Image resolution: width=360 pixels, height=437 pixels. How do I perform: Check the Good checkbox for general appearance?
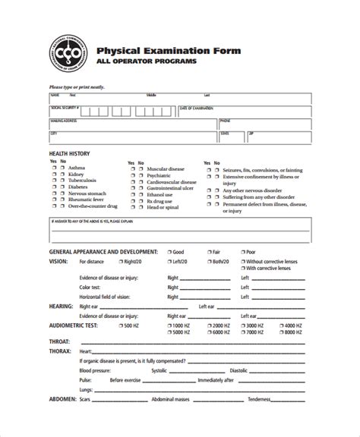tap(168, 251)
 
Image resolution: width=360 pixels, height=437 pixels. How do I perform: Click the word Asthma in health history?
tap(77, 168)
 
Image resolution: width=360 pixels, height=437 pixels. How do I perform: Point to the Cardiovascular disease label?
tap(172, 182)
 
